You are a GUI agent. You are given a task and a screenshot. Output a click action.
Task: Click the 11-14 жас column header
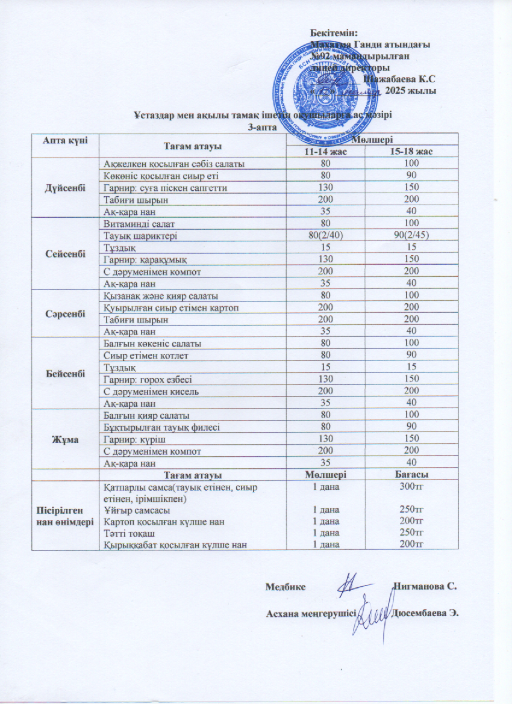pos(326,151)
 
